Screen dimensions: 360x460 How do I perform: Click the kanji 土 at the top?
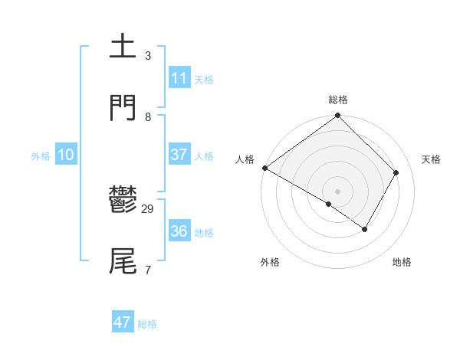click(x=123, y=47)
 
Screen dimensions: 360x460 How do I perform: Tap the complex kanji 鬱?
click(x=123, y=201)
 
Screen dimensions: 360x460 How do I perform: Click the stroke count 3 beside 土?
click(x=148, y=56)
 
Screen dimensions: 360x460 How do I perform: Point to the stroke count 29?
click(x=148, y=209)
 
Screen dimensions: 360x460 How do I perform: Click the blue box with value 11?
click(x=179, y=78)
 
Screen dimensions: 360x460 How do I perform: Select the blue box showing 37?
click(x=179, y=155)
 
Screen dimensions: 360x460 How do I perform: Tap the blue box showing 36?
click(x=179, y=231)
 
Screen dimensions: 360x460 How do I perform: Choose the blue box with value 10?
click(x=66, y=155)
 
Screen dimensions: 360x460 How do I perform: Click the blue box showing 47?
click(x=123, y=322)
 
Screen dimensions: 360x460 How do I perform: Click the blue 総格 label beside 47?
click(x=147, y=324)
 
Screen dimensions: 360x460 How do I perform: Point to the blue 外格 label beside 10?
click(x=41, y=156)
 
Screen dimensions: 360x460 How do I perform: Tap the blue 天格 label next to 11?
click(x=204, y=80)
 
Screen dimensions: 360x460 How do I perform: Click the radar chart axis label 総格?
click(x=338, y=100)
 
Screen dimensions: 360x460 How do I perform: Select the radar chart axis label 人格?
click(x=245, y=159)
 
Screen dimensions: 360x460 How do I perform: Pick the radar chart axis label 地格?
click(x=402, y=263)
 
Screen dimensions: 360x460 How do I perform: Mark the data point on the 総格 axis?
click(x=338, y=116)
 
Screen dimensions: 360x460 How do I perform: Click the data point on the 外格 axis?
click(x=329, y=204)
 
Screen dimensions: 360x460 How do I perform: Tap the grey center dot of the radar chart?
click(x=338, y=191)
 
